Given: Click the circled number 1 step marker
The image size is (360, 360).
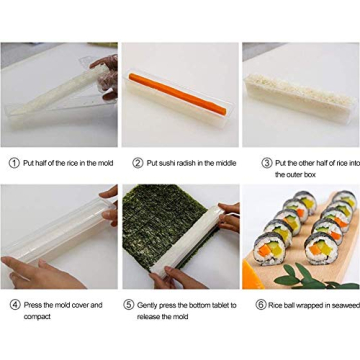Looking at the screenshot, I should [x=14, y=162].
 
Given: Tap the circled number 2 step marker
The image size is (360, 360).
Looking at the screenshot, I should [x=138, y=162].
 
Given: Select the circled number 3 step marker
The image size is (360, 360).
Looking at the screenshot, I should [x=267, y=162].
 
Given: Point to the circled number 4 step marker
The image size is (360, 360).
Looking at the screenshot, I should [x=14, y=304].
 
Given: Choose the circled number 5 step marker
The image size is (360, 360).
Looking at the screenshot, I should [x=129, y=304].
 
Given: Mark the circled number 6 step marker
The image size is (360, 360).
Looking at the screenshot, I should [x=260, y=304].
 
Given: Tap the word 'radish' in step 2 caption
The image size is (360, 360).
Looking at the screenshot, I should [x=190, y=162].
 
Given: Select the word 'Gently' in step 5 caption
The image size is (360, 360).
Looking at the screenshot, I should [x=147, y=304].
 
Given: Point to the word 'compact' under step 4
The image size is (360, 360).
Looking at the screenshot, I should [x=37, y=316].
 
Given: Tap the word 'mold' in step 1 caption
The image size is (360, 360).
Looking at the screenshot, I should [x=104, y=162].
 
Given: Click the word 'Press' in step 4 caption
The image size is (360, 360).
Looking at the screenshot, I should [x=33, y=304].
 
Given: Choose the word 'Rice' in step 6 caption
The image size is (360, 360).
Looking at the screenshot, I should [x=276, y=304].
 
